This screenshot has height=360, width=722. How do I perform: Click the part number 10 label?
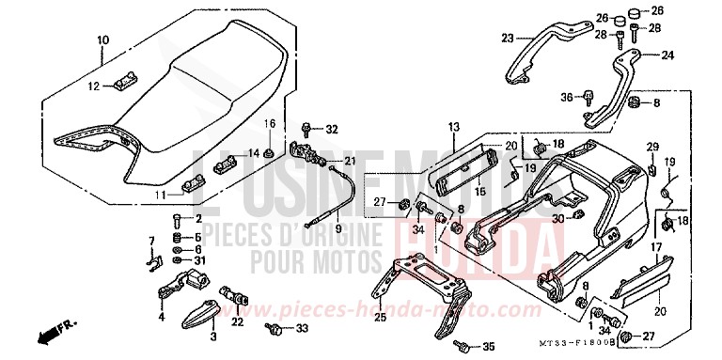pyautogui.click(x=102, y=39)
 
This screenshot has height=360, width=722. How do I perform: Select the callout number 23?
pyautogui.click(x=508, y=38)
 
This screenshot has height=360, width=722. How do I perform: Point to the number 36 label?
pyautogui.click(x=566, y=96)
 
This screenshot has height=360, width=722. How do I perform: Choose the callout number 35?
pyautogui.click(x=487, y=346)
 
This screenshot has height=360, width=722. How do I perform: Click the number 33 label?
pyautogui.click(x=301, y=328)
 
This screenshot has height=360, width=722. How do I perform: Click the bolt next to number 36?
pyautogui.click(x=589, y=94)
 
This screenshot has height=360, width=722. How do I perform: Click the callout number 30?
pyautogui.click(x=557, y=219)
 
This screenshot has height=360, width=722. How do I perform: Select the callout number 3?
pyautogui.click(x=213, y=336)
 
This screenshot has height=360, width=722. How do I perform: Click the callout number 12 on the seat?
pyautogui.click(x=93, y=86)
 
